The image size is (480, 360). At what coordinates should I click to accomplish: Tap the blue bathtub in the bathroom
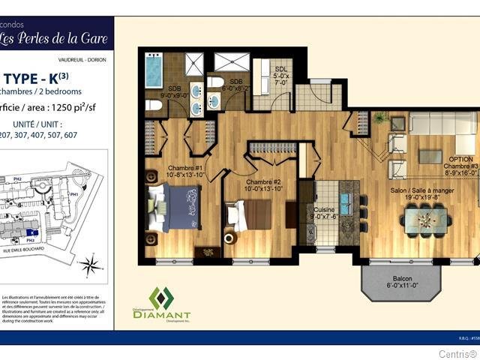pos(155,73)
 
